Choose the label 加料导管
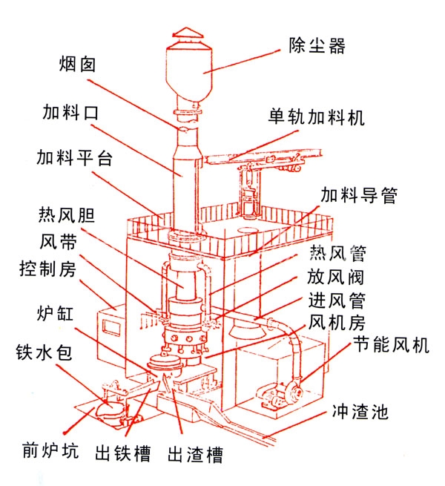click(x=359, y=194)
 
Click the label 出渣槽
click(x=195, y=453)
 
